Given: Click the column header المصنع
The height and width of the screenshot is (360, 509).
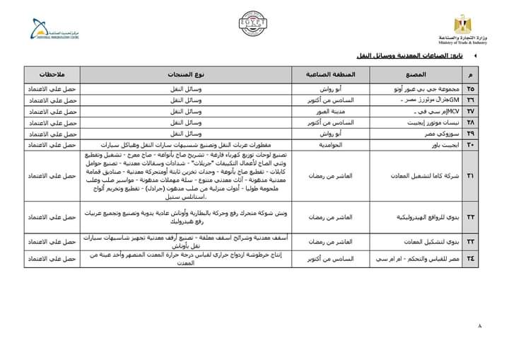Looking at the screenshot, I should coord(417,74).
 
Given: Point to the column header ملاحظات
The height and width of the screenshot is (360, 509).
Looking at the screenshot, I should coord(53,74).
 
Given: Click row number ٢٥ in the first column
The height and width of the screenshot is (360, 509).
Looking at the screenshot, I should coord(471,90).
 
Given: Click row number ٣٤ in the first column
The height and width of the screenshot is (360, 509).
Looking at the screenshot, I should coord(471,258).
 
